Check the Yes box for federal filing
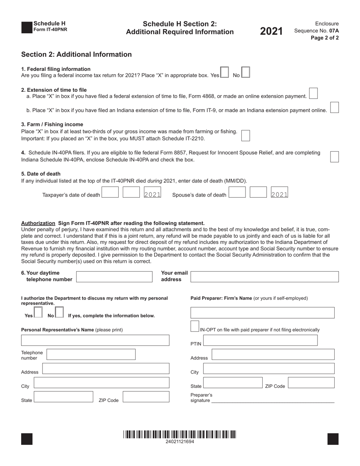(224, 72)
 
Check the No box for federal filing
(246, 72)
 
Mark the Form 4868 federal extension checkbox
(313, 93)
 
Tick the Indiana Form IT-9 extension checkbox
(335, 108)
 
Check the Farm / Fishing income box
(246, 136)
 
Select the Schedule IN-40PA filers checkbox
(335, 156)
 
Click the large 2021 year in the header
(271, 31)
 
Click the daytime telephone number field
(114, 277)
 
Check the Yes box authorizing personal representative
(38, 312)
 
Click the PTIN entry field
(260, 341)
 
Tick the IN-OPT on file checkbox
(194, 326)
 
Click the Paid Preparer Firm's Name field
(263, 313)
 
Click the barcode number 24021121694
(180, 442)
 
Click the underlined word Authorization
(38, 223)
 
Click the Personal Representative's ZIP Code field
(146, 397)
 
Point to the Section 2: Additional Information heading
(77, 54)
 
